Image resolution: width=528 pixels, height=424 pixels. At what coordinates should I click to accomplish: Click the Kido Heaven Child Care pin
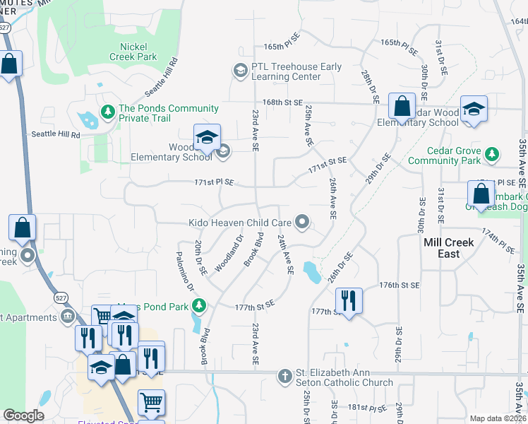[303, 223]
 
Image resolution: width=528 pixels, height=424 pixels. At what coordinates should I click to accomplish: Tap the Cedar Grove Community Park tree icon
[493, 153]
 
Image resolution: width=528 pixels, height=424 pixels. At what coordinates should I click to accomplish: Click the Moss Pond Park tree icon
[200, 305]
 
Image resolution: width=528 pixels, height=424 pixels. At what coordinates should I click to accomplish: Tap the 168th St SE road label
[282, 103]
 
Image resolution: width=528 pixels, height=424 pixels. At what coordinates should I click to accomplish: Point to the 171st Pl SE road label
[214, 182]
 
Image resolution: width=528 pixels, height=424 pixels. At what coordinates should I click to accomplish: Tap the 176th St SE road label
[399, 285]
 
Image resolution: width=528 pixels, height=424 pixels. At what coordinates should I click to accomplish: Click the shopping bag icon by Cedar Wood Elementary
[401, 107]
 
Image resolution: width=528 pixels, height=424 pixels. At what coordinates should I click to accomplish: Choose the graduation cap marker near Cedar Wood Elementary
[474, 109]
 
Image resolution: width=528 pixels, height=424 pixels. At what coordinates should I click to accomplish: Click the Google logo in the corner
[24, 416]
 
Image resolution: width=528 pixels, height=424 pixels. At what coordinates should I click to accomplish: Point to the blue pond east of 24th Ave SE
[310, 271]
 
